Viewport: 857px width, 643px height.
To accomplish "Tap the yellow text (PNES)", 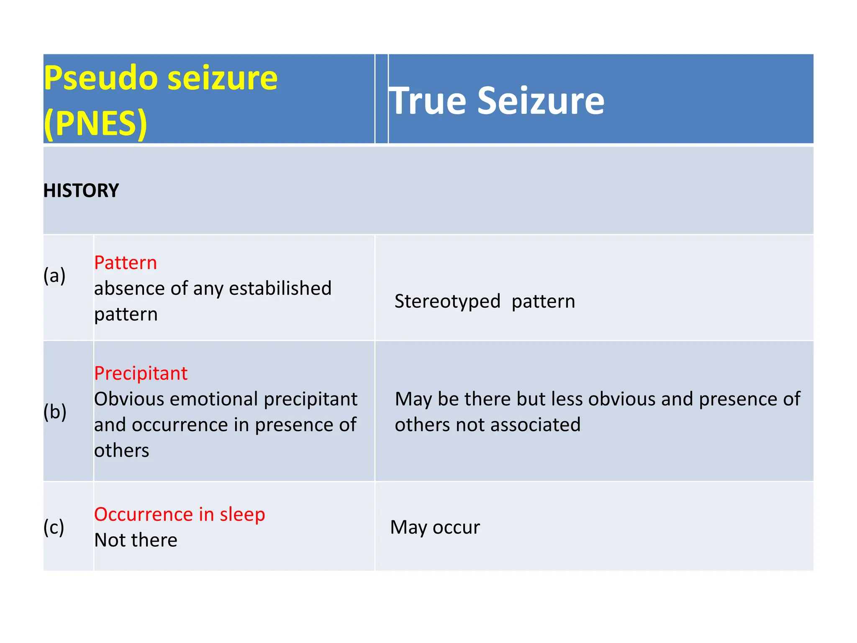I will tap(95, 123).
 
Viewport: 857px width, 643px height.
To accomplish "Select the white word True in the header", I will tap(427, 101).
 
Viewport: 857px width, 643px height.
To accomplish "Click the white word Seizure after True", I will tap(541, 101).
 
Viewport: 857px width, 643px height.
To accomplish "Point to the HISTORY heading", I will tap(81, 191).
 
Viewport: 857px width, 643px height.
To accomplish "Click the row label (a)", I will tap(54, 275).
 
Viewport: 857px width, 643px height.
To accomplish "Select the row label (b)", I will tap(55, 412).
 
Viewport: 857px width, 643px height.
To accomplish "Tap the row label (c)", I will tap(54, 527).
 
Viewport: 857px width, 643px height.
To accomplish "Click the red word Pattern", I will tap(126, 263).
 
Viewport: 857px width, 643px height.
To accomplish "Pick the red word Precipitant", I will tap(141, 373).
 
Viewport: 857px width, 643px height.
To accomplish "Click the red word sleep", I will tap(242, 514).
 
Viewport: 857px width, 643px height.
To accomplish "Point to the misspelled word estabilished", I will tap(280, 288).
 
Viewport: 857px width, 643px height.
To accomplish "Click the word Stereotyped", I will tap(447, 302).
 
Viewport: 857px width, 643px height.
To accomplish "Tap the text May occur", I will tap(435, 527).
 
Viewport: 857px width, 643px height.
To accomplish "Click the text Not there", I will tap(136, 540).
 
